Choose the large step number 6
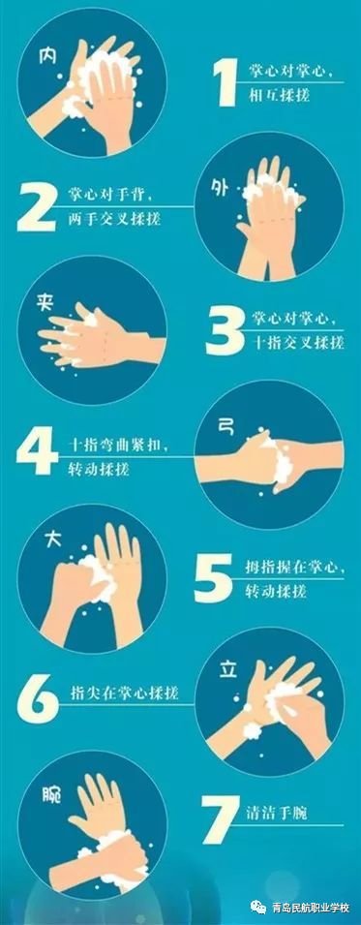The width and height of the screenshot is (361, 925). pos(37,699)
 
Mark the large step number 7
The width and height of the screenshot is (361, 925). pos(220,820)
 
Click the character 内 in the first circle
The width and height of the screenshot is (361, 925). pos(47,55)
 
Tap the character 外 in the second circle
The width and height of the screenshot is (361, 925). pos(220,188)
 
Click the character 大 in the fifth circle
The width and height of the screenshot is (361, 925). pos(53,541)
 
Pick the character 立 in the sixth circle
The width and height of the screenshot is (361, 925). pos(228,669)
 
